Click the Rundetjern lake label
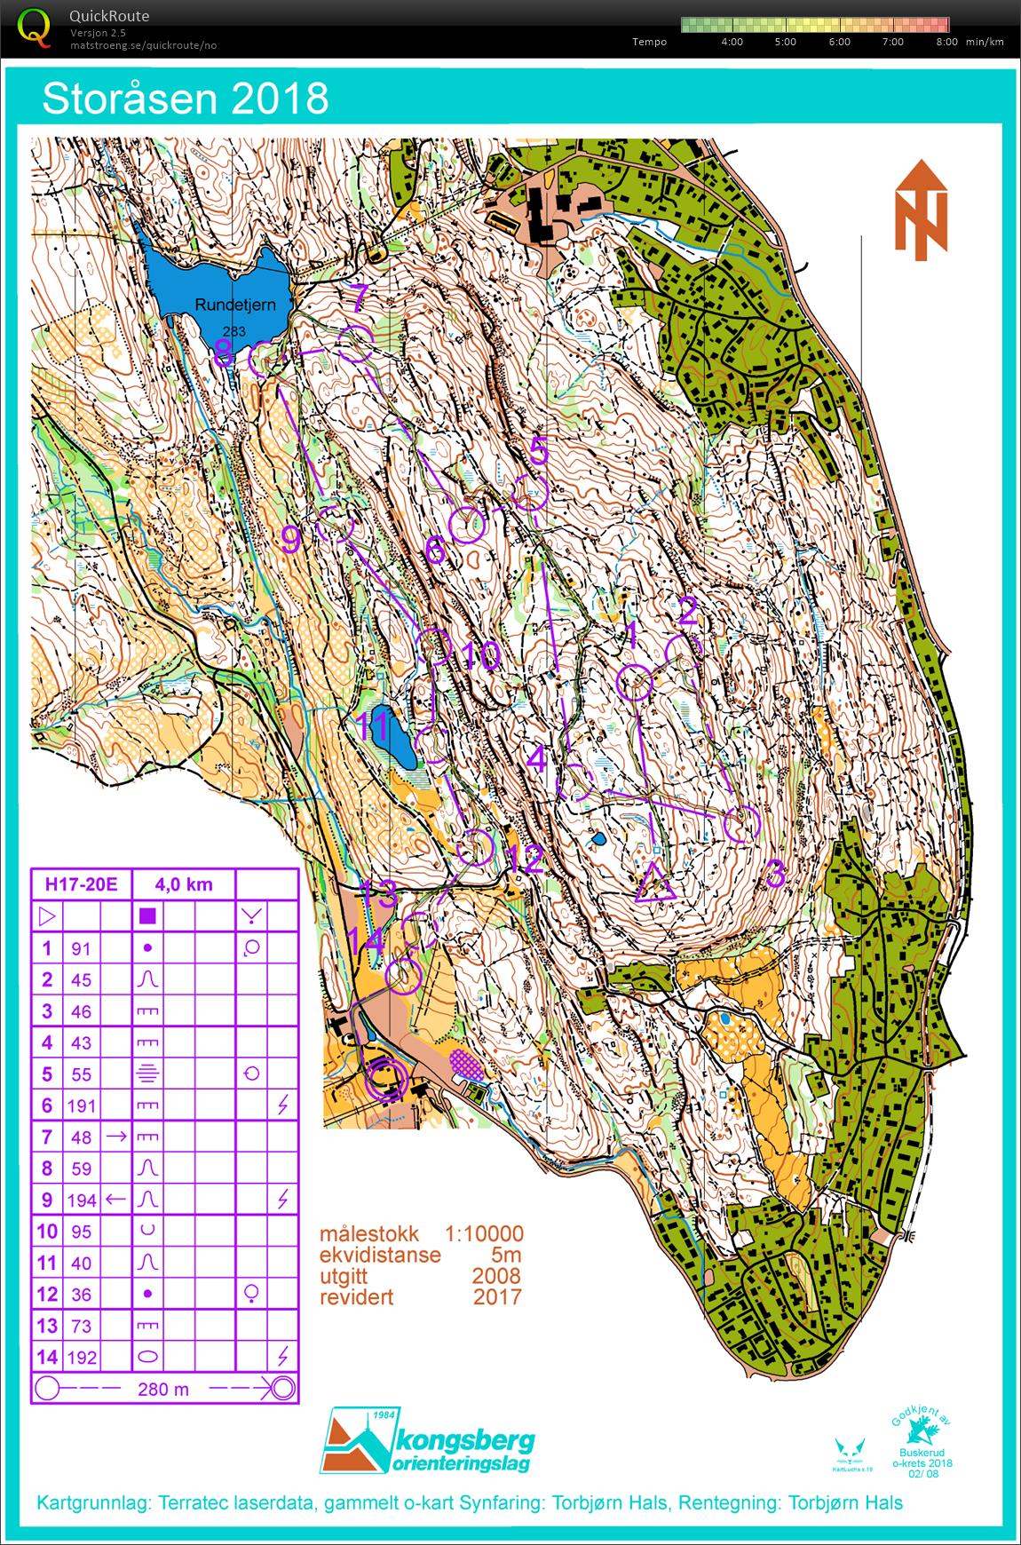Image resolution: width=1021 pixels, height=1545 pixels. point(235,305)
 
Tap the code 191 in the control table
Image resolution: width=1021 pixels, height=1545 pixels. point(81,1105)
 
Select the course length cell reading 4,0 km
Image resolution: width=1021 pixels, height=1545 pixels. point(183,884)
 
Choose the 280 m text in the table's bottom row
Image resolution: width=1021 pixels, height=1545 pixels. point(164,1389)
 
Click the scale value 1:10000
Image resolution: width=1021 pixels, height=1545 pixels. point(484,1234)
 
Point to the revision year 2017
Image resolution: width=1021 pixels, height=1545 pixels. point(497,1296)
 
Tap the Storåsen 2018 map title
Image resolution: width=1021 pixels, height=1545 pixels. point(185,99)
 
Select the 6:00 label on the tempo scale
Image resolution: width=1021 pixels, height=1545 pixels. point(838,42)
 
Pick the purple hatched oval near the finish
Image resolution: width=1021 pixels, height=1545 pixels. point(468,1065)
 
